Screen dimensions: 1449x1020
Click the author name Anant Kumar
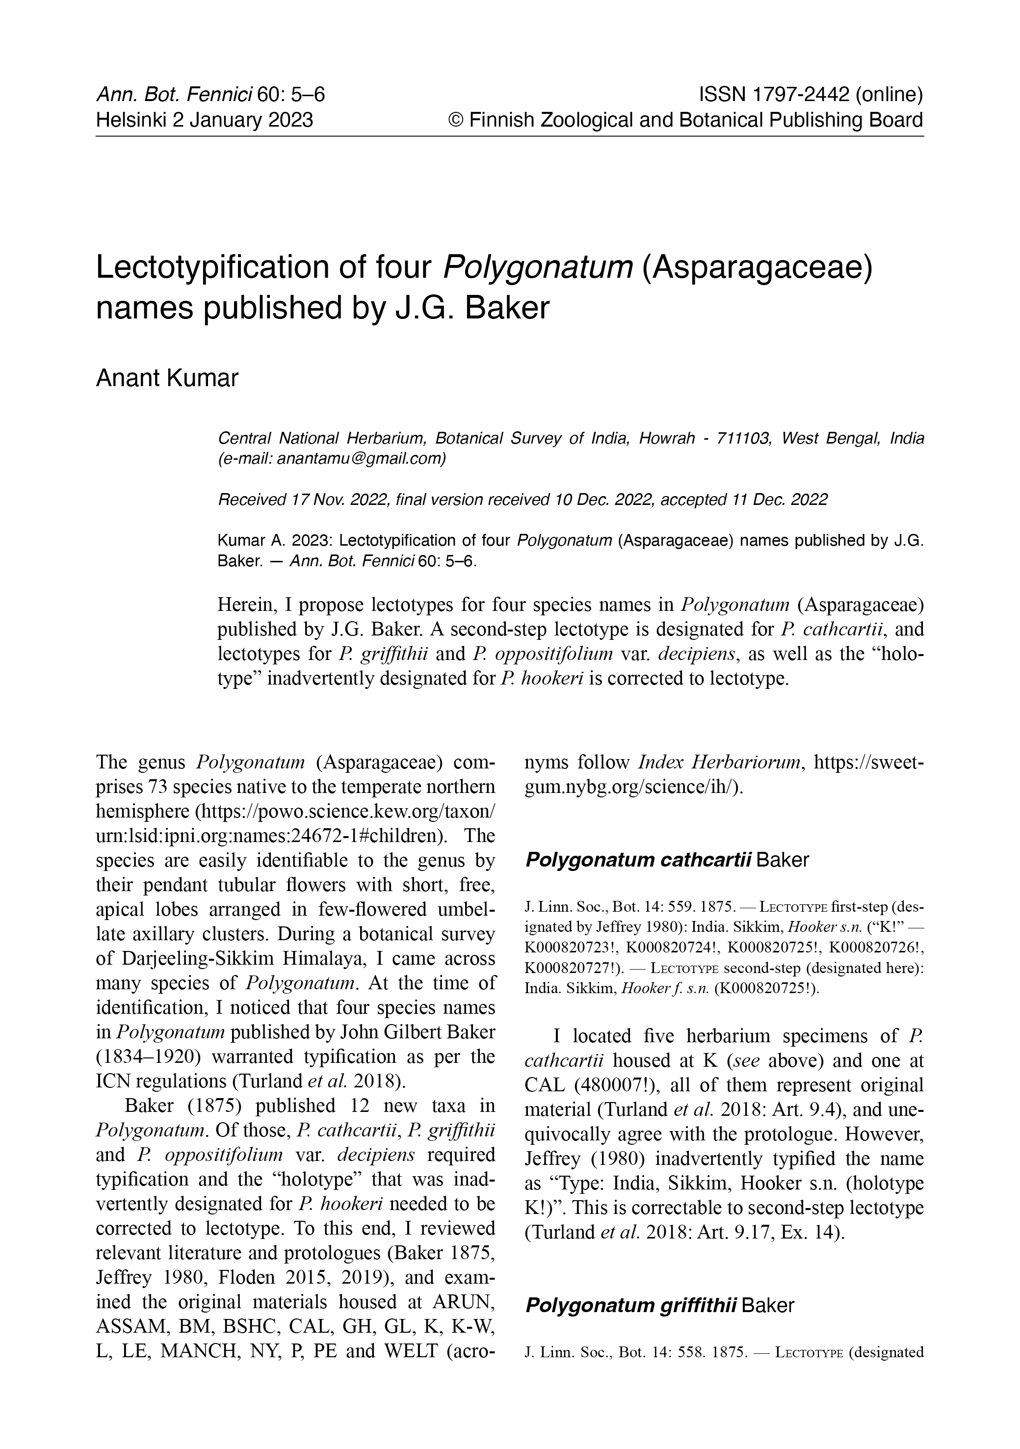point(167,378)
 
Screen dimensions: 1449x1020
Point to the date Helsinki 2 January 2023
point(204,120)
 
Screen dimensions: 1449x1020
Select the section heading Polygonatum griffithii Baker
point(659,1305)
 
